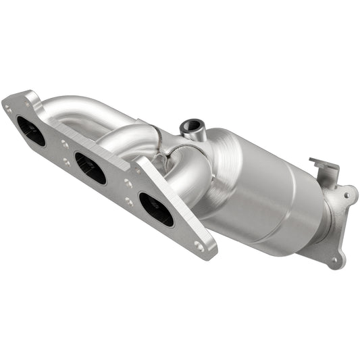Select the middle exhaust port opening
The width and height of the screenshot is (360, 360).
click(x=90, y=168)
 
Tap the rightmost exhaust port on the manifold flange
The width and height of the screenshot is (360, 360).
click(x=155, y=209)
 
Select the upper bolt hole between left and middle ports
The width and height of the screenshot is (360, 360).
click(x=65, y=144)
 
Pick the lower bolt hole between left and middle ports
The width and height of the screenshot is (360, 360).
click(x=66, y=162)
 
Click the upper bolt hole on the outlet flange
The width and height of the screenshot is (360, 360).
click(x=346, y=195)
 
